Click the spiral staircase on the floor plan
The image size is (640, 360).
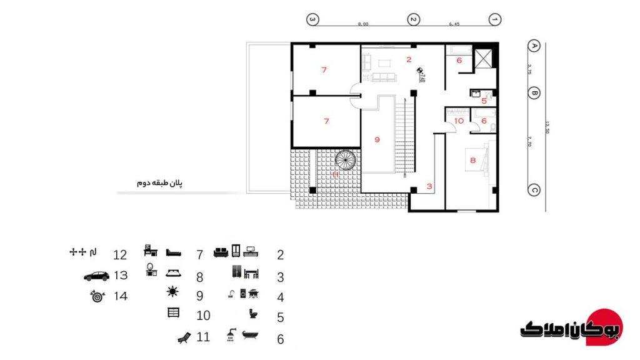pyautogui.click(x=343, y=159)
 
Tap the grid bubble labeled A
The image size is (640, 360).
pyautogui.click(x=534, y=46)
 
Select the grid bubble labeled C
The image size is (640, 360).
pyautogui.click(x=534, y=191)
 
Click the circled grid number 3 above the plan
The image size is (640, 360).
pyautogui.click(x=313, y=19)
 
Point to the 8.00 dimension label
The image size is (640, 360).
pyautogui.click(x=363, y=24)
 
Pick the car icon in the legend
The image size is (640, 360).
pyautogui.click(x=96, y=276)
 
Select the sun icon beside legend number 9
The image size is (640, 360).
pyautogui.click(x=172, y=291)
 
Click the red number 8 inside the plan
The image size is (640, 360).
pyautogui.click(x=472, y=161)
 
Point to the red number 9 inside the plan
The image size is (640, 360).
pyautogui.click(x=377, y=140)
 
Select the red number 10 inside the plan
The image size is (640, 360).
pyautogui.click(x=459, y=121)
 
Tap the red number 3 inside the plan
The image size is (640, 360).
pyautogui.click(x=429, y=186)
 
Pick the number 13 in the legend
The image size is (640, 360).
pyautogui.click(x=121, y=276)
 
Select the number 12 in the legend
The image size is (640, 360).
pyautogui.click(x=120, y=255)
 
